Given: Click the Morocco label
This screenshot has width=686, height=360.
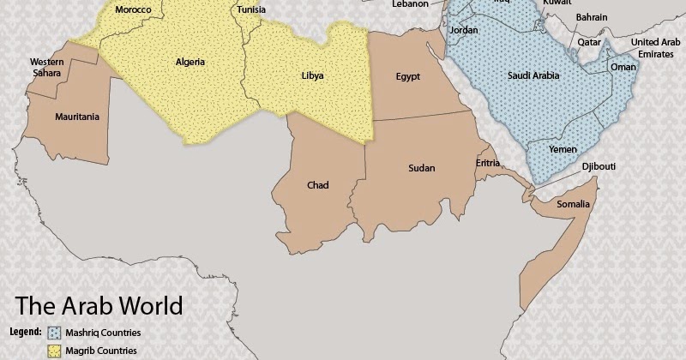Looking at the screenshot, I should pyautogui.click(x=133, y=9).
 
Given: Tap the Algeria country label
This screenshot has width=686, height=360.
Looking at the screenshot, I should pyautogui.click(x=190, y=62).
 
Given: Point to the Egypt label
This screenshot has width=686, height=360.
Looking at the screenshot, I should pyautogui.click(x=407, y=76).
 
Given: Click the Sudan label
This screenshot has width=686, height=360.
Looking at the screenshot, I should pyautogui.click(x=421, y=168).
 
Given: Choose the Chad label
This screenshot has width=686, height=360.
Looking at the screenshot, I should pyautogui.click(x=317, y=185).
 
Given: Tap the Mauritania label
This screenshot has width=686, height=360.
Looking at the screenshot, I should pyautogui.click(x=76, y=117).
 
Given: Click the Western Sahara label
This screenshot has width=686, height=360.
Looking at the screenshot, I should pyautogui.click(x=46, y=68).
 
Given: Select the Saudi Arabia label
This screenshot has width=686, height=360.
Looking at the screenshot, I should pyautogui.click(x=533, y=76).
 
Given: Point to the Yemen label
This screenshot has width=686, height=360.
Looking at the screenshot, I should pyautogui.click(x=563, y=149).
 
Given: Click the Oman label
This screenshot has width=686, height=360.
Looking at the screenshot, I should pyautogui.click(x=623, y=67).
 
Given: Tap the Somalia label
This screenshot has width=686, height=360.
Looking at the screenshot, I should pyautogui.click(x=573, y=204).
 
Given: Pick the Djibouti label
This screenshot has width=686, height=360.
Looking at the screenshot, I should pyautogui.click(x=599, y=166).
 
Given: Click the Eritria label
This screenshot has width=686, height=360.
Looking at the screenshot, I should pyautogui.click(x=488, y=162).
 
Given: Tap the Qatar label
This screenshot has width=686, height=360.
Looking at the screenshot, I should pyautogui.click(x=589, y=41).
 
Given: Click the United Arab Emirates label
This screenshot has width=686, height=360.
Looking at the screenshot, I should pyautogui.click(x=657, y=48).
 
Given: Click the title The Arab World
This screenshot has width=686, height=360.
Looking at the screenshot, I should pyautogui.click(x=99, y=306).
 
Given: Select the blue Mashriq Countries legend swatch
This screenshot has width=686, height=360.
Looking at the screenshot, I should pyautogui.click(x=54, y=333).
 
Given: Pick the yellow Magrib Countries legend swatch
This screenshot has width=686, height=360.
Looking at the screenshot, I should pyautogui.click(x=54, y=351).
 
